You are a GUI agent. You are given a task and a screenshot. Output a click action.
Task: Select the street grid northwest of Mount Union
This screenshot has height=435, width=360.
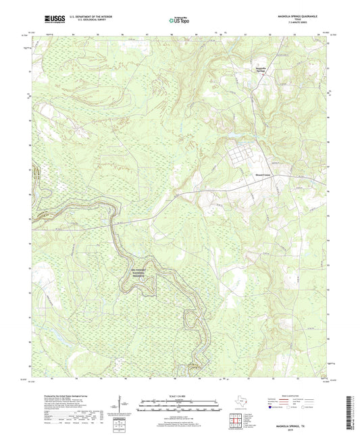tap(238, 156)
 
